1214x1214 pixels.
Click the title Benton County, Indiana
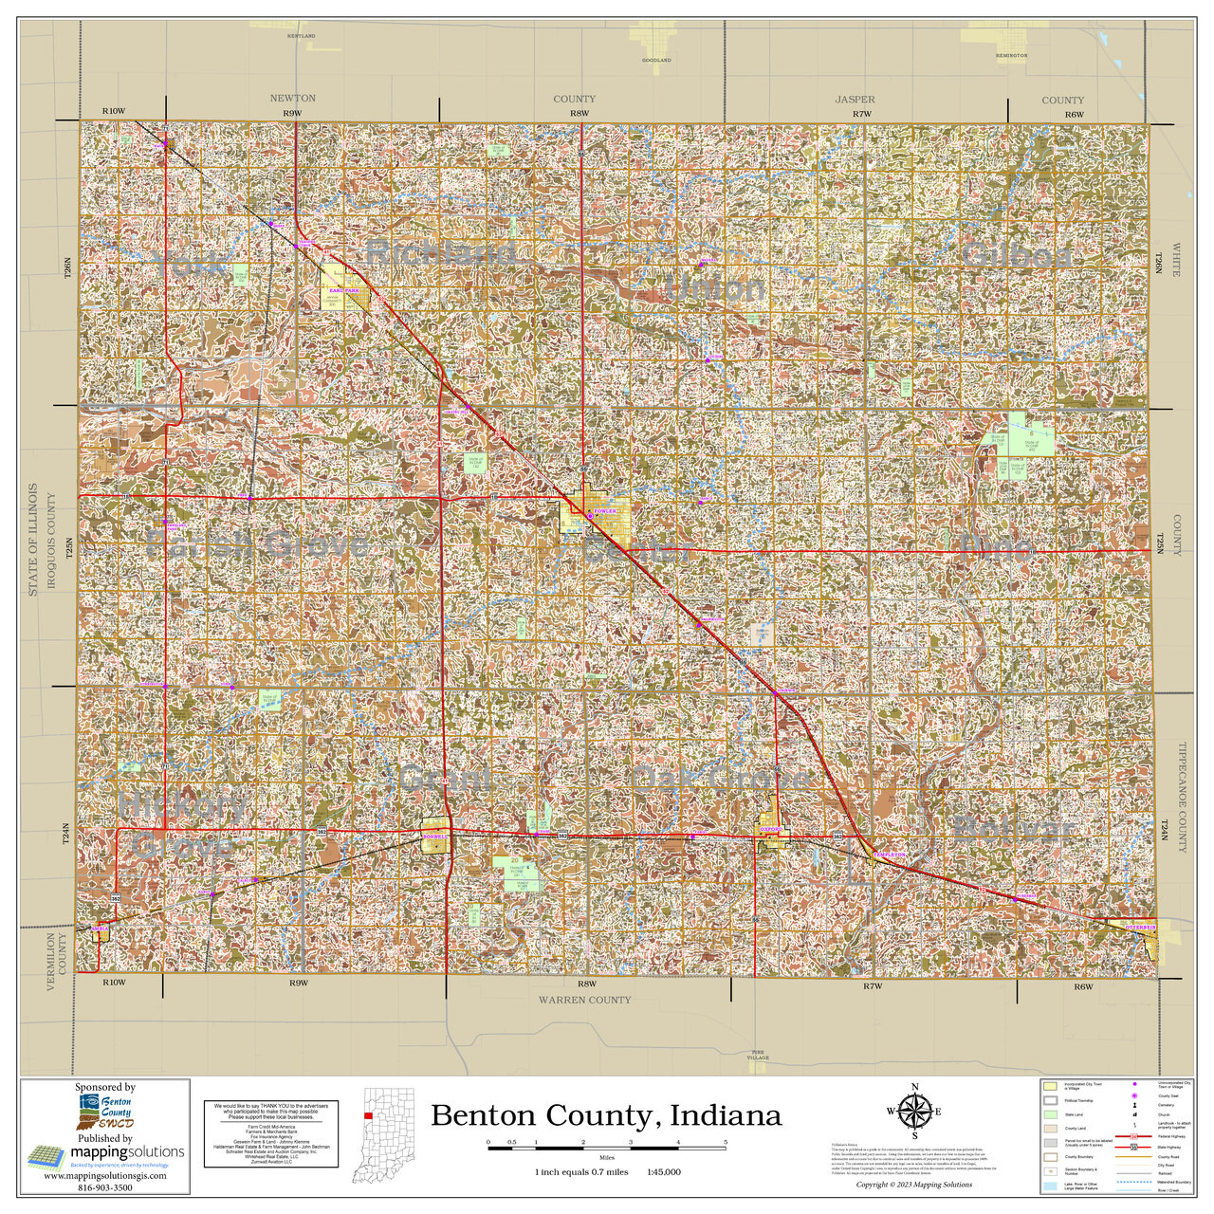(x=606, y=1115)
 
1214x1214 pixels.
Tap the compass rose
(x=914, y=1112)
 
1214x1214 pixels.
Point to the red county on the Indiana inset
(x=368, y=1116)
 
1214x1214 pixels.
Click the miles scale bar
(x=607, y=1148)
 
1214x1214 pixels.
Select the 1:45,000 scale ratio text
(x=663, y=1171)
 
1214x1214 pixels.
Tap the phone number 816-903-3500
(x=104, y=1186)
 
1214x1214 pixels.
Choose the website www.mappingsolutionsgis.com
(x=104, y=1175)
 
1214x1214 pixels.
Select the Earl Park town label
(x=344, y=290)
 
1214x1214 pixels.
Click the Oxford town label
(x=770, y=828)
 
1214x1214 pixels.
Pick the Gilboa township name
(x=1016, y=256)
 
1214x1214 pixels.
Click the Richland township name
(x=441, y=252)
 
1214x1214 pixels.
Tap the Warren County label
(x=584, y=1000)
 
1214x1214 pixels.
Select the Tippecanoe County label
(x=1182, y=797)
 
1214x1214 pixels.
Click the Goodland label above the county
(x=656, y=60)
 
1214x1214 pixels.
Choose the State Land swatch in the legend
(x=1050, y=1114)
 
